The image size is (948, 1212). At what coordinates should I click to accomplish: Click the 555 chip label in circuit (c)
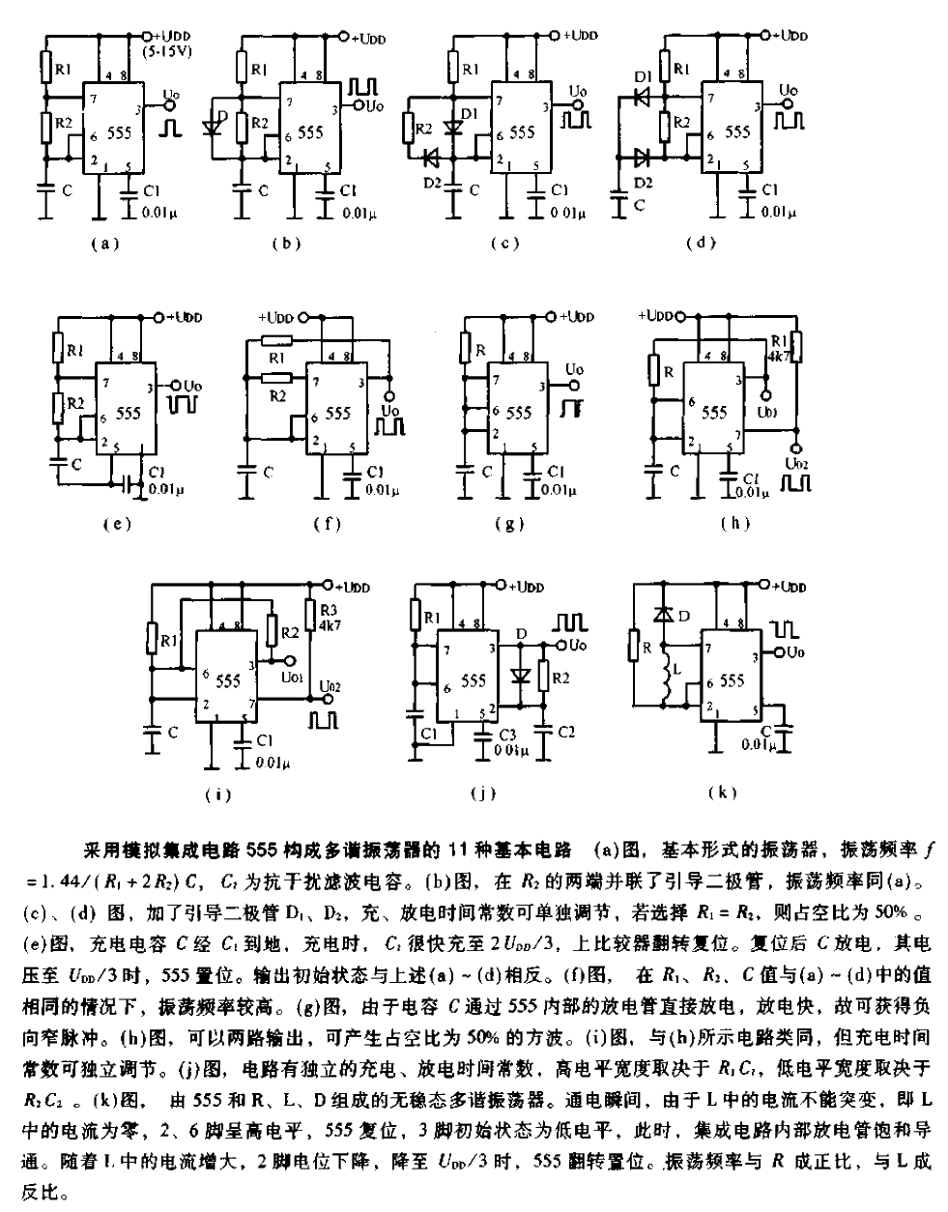(523, 130)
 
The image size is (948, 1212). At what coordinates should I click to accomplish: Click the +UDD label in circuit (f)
(277, 318)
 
